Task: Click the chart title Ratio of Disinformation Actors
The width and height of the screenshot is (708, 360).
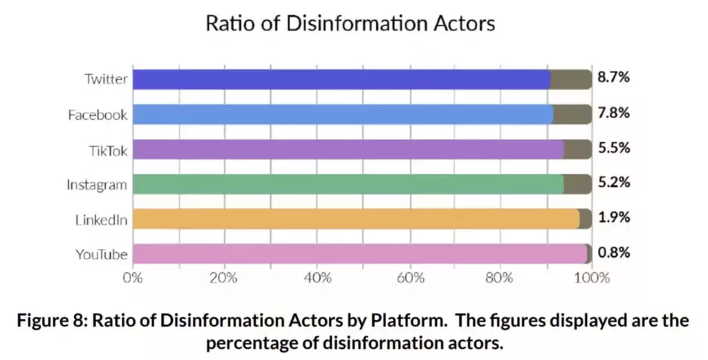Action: (351, 23)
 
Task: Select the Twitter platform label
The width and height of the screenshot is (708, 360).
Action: (106, 79)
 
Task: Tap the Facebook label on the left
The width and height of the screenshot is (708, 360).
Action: (97, 115)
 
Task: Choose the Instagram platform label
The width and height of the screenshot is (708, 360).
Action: (97, 184)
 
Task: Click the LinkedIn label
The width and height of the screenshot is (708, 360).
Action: (102, 220)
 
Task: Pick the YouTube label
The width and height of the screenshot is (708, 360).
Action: (102, 254)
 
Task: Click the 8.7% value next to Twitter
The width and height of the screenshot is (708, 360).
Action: (613, 78)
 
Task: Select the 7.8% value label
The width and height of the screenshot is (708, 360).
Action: (613, 113)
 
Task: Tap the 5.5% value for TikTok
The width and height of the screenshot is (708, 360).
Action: (613, 149)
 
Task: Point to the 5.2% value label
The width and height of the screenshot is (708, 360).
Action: (613, 183)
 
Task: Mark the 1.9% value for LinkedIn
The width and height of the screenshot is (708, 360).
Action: (613, 218)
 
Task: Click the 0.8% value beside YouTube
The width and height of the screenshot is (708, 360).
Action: (613, 253)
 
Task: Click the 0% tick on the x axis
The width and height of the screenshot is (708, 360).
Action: (133, 278)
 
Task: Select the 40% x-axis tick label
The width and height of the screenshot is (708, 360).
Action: (317, 278)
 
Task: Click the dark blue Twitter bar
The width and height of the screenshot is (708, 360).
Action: (339, 79)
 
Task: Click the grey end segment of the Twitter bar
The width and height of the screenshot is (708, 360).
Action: (571, 79)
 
